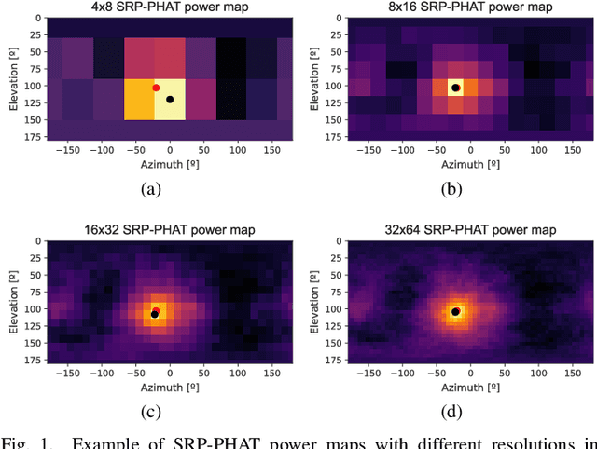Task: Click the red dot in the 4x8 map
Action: pos(156,88)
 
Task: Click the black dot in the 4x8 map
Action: pos(170,99)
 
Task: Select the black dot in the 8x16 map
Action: pos(455,88)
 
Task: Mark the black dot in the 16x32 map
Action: pos(154,314)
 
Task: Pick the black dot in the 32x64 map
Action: pos(455,312)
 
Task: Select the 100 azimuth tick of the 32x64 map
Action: pos(535,372)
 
